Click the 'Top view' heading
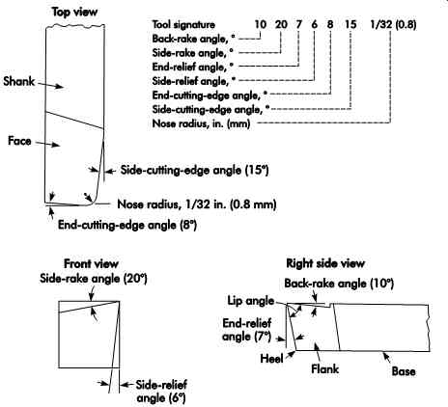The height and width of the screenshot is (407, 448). coord(74,13)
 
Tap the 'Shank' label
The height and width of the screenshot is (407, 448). coord(18,81)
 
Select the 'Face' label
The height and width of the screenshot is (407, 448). coord(19,141)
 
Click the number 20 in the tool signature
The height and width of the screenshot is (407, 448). coord(281,24)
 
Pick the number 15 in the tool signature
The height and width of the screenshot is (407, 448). coord(350,24)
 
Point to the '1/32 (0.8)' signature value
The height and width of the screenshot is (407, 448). coord(393,24)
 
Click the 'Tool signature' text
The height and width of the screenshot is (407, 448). coord(183,24)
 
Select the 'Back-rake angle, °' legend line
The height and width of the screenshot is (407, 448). coord(193,39)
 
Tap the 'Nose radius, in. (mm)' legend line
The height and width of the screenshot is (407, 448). coord(201,123)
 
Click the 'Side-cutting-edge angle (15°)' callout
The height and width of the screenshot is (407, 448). coord(194,170)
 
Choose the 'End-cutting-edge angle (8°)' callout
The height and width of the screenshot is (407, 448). coord(127,225)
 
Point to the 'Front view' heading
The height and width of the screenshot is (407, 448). coord(91,264)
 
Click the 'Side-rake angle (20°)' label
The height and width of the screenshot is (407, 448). coord(94,279)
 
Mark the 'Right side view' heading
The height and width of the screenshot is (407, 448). coord(325,263)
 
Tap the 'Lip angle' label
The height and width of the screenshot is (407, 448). coord(251,301)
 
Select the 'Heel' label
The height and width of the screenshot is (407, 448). coord(271,359)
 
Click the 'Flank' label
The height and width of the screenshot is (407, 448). coord(324,368)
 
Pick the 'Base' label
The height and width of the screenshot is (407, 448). coord(404,371)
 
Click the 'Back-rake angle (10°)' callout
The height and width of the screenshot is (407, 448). coord(339,284)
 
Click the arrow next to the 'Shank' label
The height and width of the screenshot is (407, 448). coord(51,85)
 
